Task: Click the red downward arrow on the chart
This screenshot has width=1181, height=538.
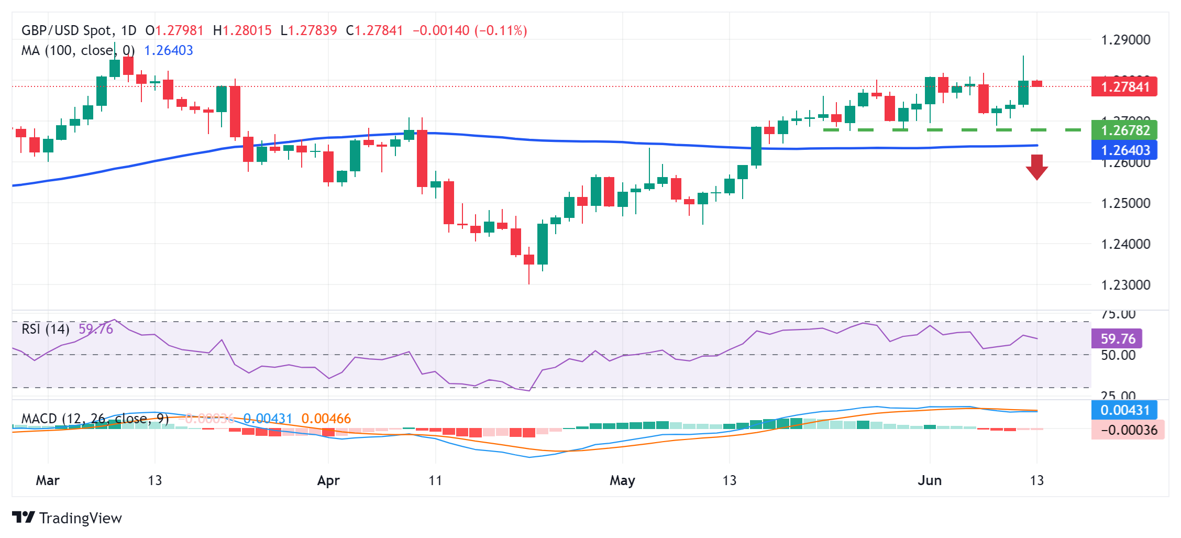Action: point(1036,167)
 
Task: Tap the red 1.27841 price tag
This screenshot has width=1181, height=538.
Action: point(1124,86)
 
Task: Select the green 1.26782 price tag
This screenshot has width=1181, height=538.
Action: point(1124,130)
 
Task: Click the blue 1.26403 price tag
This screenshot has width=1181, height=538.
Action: point(1124,150)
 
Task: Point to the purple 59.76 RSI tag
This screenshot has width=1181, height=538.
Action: point(1117,338)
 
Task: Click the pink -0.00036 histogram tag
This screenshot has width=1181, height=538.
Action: point(1128,430)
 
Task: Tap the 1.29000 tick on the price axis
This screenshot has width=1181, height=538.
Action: point(1125,40)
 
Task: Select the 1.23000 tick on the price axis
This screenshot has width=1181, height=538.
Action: point(1125,285)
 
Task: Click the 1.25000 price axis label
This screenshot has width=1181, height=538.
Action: point(1125,203)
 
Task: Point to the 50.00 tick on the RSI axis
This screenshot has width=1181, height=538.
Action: point(1118,355)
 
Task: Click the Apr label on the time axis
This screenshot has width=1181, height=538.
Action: point(328,480)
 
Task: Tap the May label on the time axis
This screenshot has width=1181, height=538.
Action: point(622,480)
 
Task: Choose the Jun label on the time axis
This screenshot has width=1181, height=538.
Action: point(930,480)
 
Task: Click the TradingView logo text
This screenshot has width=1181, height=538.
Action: point(80,518)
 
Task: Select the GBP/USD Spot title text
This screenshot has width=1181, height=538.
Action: point(67,30)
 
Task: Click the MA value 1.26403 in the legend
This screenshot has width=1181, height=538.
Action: point(168,50)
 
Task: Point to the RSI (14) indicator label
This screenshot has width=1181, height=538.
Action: point(46,329)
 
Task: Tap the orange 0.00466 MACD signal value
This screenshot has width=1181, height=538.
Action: point(326,419)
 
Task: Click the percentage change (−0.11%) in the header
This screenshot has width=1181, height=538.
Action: point(501,30)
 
